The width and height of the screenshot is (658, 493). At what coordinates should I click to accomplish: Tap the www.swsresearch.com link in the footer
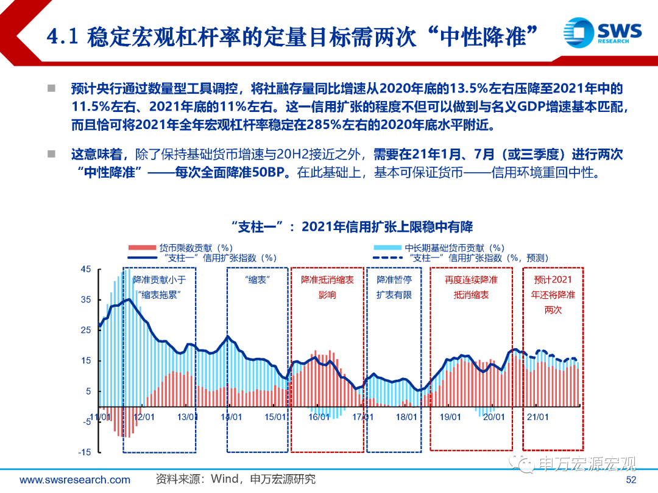(x=75, y=480)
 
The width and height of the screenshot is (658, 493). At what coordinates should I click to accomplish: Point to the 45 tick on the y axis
(x=85, y=270)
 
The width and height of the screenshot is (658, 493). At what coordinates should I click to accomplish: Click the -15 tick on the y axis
(x=84, y=452)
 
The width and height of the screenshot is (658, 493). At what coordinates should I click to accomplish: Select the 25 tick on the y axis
(x=85, y=330)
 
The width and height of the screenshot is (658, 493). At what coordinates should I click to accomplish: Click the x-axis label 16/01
(x=319, y=417)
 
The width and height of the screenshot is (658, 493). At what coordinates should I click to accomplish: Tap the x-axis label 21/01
(x=537, y=417)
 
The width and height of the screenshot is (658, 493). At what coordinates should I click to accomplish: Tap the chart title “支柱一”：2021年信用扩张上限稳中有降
(x=353, y=227)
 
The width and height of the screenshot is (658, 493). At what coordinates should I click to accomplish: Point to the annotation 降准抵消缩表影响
(x=327, y=287)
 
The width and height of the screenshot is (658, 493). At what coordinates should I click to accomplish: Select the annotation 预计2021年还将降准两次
(x=553, y=295)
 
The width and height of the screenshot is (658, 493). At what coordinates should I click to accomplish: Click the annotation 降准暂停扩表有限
(x=394, y=287)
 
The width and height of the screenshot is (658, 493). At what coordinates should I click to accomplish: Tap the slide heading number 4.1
(x=63, y=38)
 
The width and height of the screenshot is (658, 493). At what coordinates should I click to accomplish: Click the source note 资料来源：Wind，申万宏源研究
(x=235, y=480)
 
